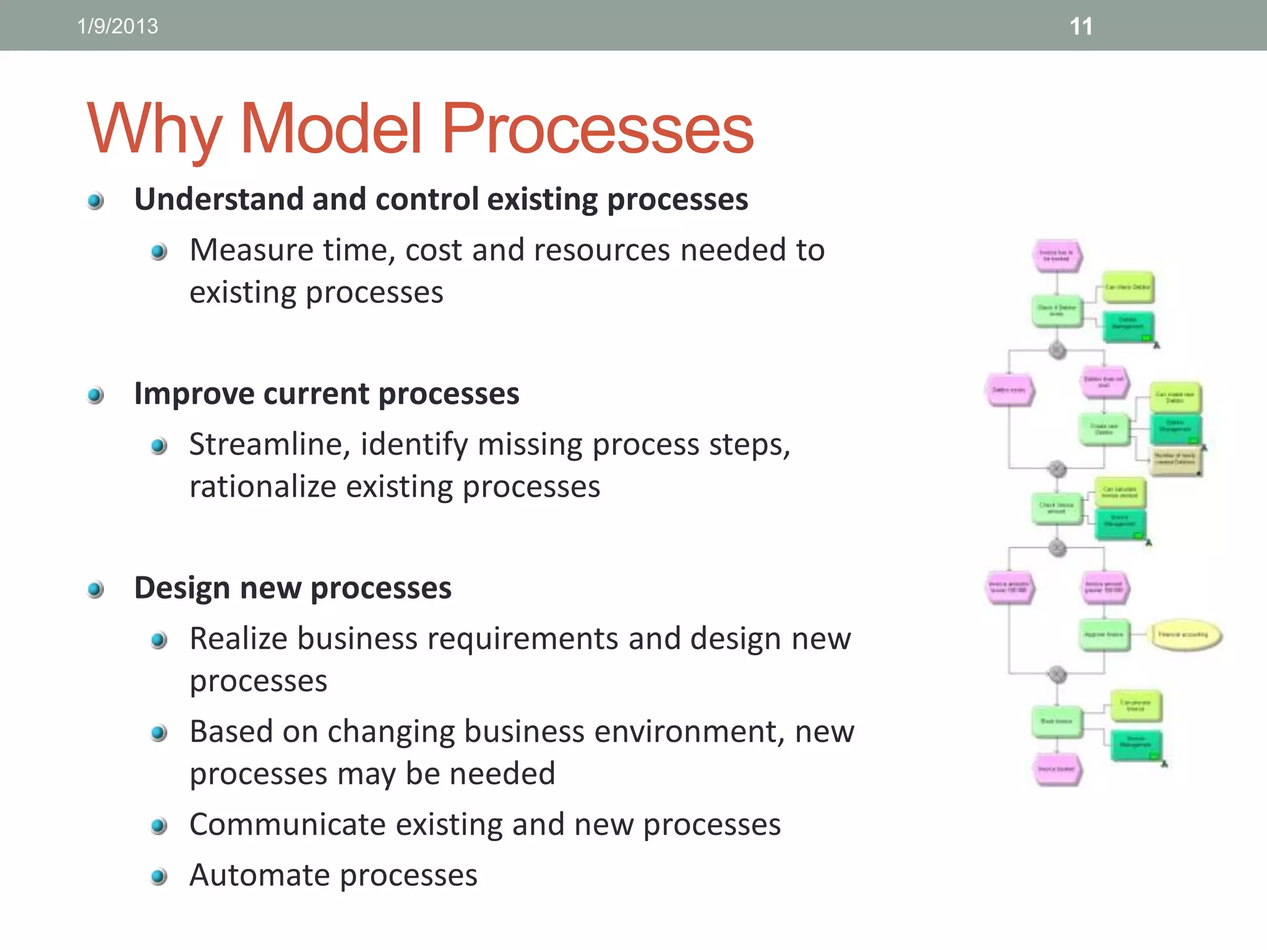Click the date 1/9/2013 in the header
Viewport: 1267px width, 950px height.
click(118, 26)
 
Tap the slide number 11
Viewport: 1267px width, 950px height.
click(1081, 27)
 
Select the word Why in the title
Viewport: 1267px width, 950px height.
click(154, 130)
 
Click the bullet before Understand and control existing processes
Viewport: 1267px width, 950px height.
click(95, 201)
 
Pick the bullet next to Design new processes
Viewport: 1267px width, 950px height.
click(95, 589)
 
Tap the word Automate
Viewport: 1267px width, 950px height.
click(259, 876)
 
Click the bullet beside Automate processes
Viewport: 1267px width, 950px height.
click(159, 876)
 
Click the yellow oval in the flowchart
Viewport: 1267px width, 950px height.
click(1185, 635)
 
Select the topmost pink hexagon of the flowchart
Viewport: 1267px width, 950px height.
click(1057, 255)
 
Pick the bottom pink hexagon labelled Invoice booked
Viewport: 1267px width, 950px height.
click(1057, 769)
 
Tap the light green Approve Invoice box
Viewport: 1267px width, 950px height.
click(1104, 635)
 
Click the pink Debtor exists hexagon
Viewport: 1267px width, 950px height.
click(1009, 390)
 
